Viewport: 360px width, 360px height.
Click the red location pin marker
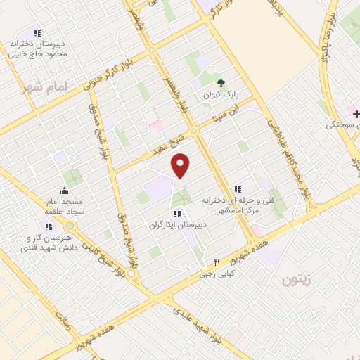pyautogui.click(x=181, y=165)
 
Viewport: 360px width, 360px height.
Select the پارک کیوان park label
pyautogui.click(x=218, y=94)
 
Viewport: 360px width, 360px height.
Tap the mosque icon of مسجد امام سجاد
pyautogui.click(x=65, y=191)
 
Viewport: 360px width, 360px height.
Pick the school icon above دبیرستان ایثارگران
pyautogui.click(x=177, y=214)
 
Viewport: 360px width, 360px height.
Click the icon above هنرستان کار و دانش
pyautogui.click(x=49, y=226)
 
